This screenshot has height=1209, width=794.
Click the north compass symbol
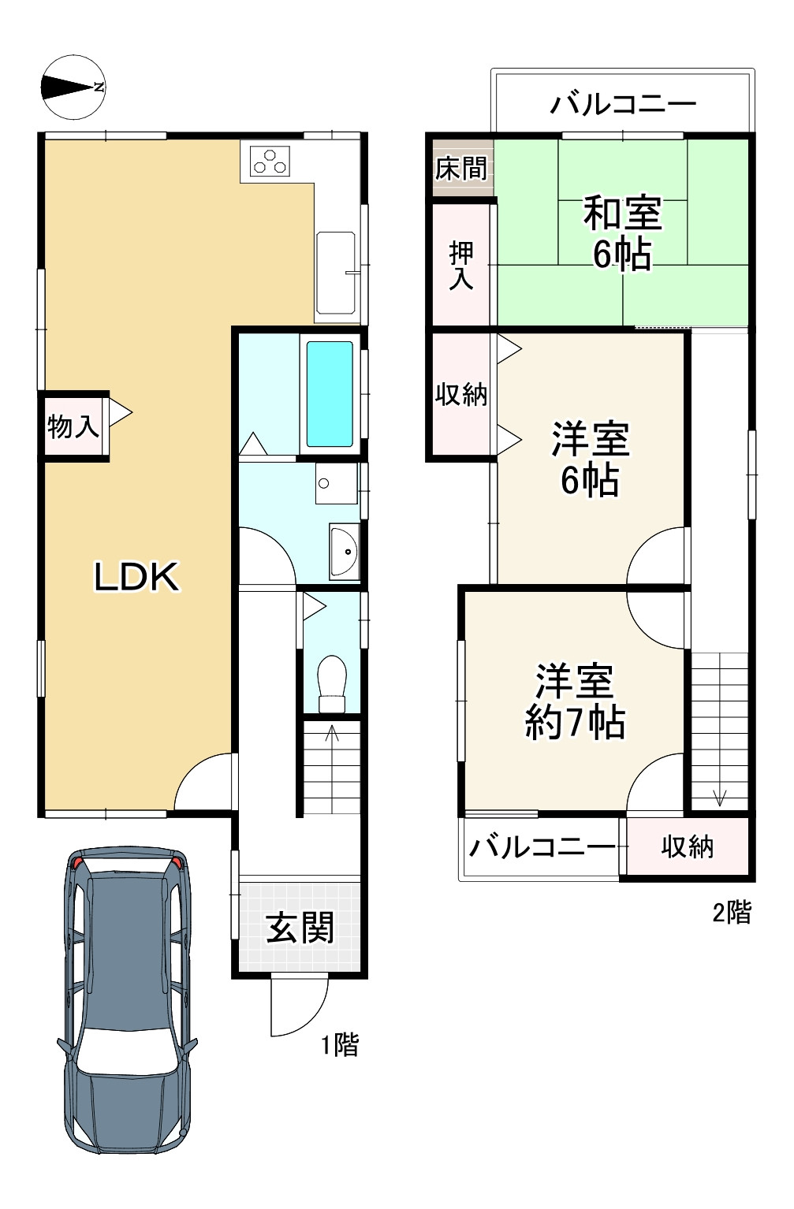click(x=73, y=87)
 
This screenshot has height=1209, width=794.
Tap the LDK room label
click(x=136, y=576)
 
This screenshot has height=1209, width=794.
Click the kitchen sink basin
click(x=335, y=273)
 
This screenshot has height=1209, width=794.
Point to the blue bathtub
click(x=330, y=394)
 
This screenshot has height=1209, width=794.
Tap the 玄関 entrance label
click(x=300, y=928)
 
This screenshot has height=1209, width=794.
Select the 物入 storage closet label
click(x=73, y=427)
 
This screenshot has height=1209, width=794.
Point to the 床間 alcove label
click(x=461, y=169)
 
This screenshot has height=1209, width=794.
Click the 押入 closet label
click(x=461, y=266)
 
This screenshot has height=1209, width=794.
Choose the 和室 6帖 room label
click(x=622, y=234)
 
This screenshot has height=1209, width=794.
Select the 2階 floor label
click(x=732, y=913)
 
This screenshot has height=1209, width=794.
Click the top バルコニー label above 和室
click(x=623, y=102)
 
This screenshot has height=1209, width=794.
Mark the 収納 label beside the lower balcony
click(x=688, y=846)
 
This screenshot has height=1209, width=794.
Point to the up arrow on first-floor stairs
click(x=332, y=734)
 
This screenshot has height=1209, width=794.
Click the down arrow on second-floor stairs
click(x=719, y=797)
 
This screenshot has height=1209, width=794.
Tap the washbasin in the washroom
click(x=344, y=551)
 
